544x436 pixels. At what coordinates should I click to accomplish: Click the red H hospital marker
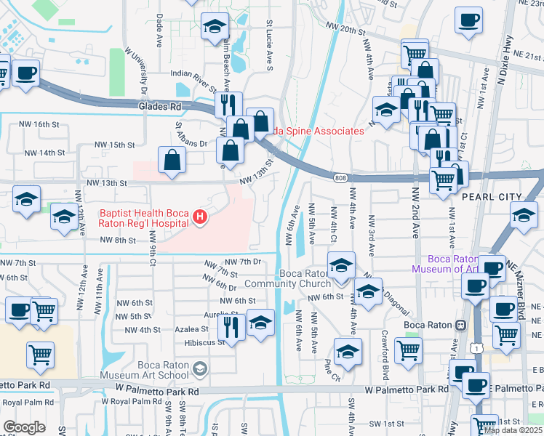tap(199, 217)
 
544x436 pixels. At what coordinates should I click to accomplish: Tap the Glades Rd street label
tap(159, 106)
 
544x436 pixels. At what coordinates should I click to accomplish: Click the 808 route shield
tap(340, 177)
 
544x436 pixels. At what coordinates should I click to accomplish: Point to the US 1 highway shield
tap(475, 350)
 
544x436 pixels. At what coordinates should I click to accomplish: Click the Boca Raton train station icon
tap(460, 325)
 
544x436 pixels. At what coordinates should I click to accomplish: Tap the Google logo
tap(24, 427)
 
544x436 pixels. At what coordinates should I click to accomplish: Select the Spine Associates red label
tap(317, 131)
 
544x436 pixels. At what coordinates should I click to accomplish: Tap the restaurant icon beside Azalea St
tap(231, 326)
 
